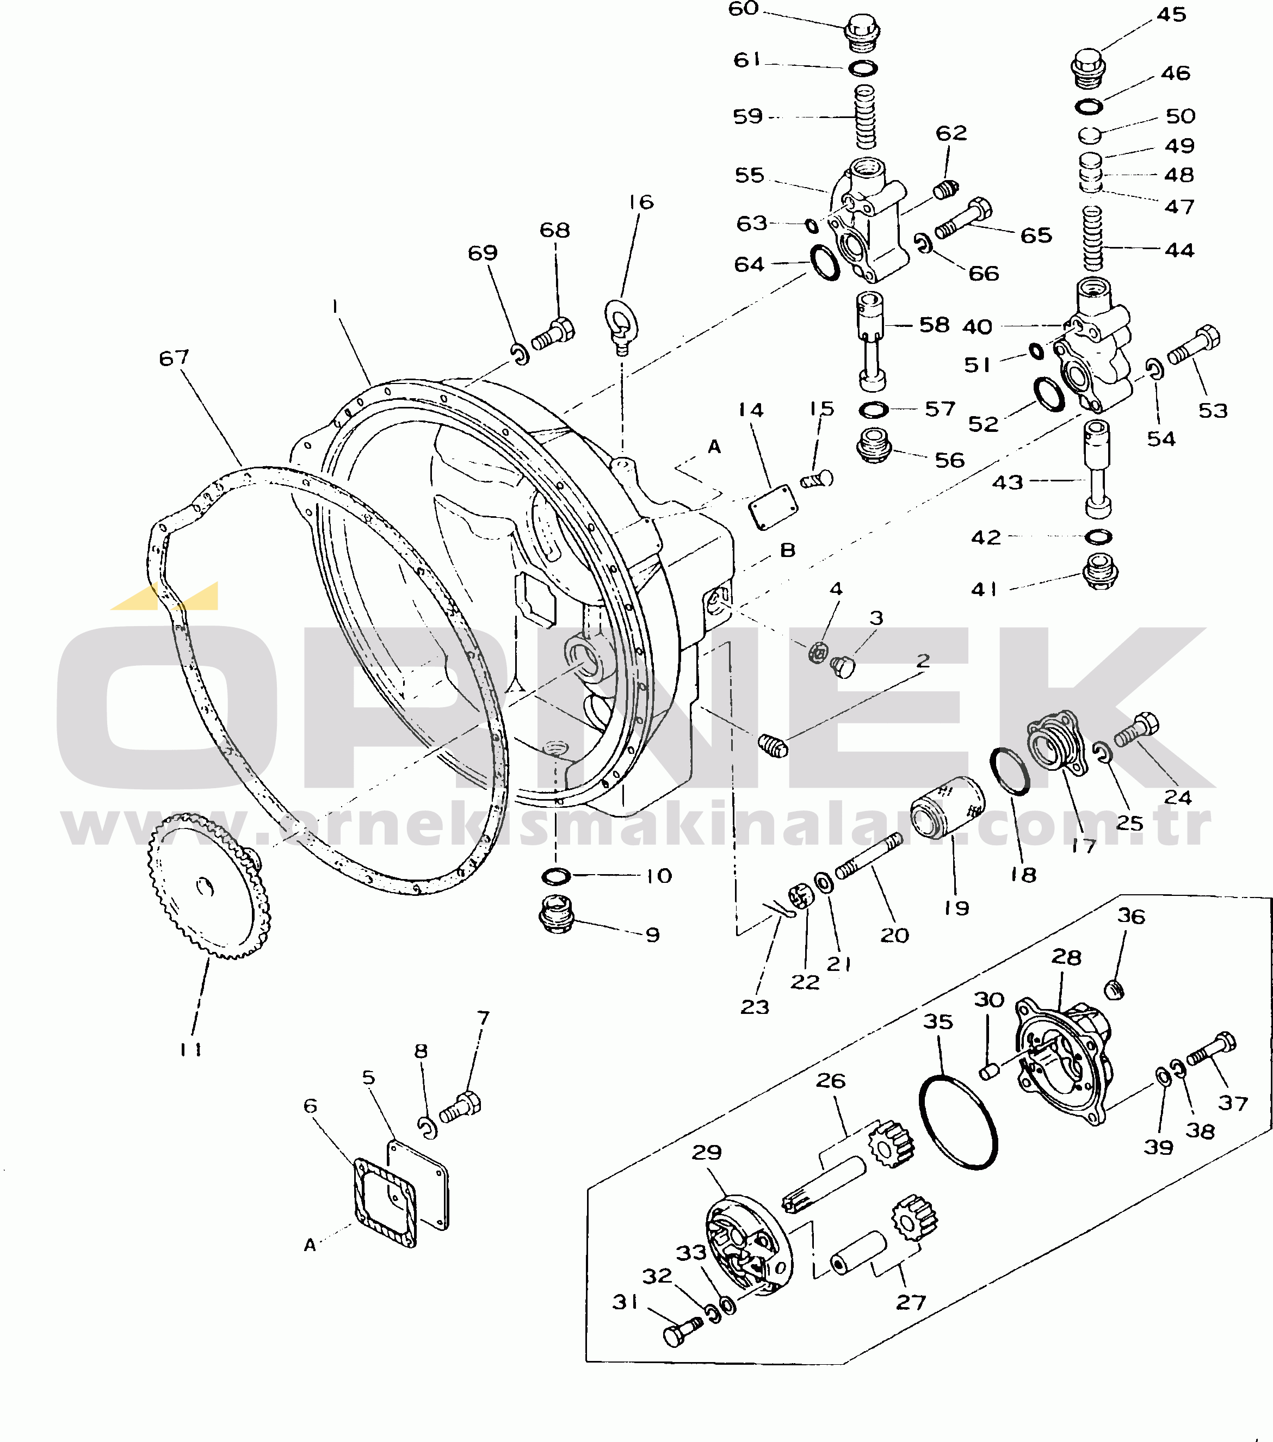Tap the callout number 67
[174, 358]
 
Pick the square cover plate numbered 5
[418, 1185]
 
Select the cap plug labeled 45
[1089, 69]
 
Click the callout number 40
[978, 326]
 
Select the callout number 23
[755, 1007]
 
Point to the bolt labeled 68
[553, 333]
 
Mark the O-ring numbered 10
[556, 876]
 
